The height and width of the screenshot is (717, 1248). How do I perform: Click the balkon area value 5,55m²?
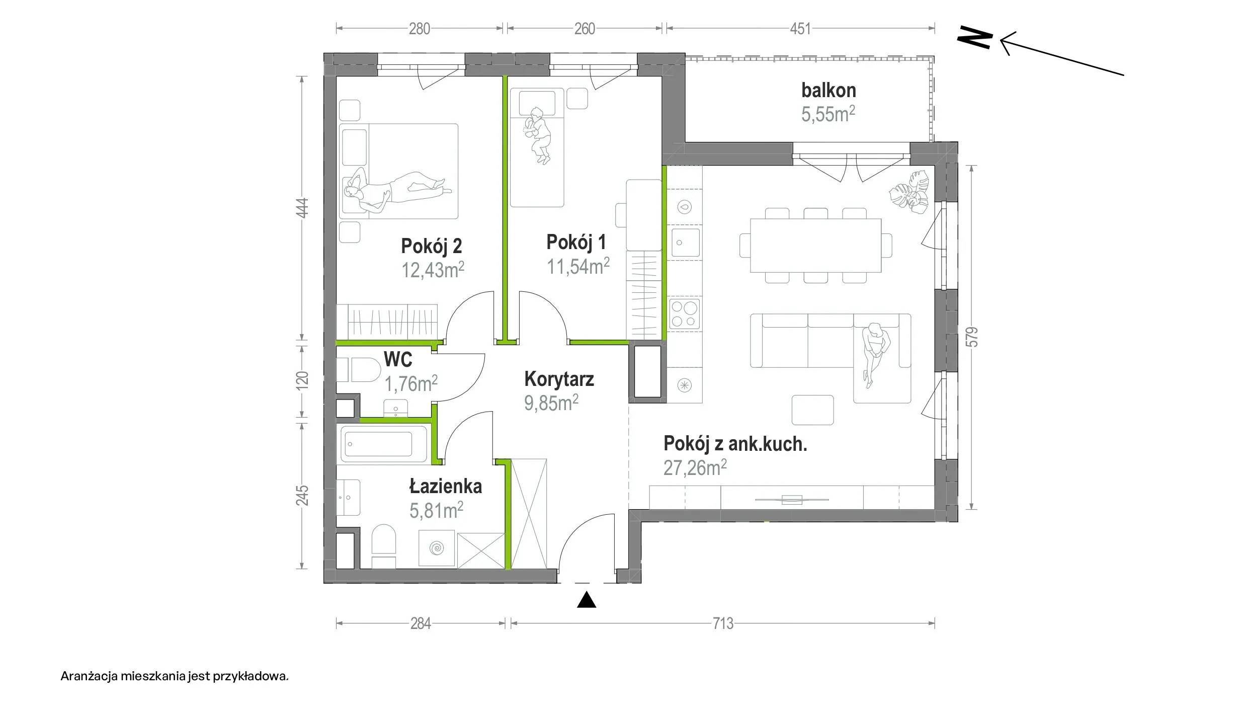[828, 114]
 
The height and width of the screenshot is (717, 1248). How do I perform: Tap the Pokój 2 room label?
[431, 246]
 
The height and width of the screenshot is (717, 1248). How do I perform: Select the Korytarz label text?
[559, 379]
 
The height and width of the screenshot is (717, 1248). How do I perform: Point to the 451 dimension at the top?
[800, 29]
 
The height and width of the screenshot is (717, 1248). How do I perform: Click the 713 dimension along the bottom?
[723, 624]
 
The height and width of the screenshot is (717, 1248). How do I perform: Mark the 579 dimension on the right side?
[972, 337]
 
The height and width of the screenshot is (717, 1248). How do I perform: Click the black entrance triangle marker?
[587, 600]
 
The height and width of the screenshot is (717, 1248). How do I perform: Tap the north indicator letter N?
[975, 37]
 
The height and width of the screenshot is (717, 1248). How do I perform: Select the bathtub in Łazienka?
[384, 444]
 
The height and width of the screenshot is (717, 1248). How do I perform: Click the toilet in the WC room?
[359, 370]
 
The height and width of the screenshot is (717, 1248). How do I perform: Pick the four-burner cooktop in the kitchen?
[685, 314]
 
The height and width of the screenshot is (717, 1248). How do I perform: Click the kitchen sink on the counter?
[685, 244]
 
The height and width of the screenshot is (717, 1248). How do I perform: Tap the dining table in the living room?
[815, 245]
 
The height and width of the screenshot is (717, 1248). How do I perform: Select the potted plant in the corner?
[910, 194]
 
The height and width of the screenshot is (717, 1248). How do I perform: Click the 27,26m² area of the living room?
[695, 468]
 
